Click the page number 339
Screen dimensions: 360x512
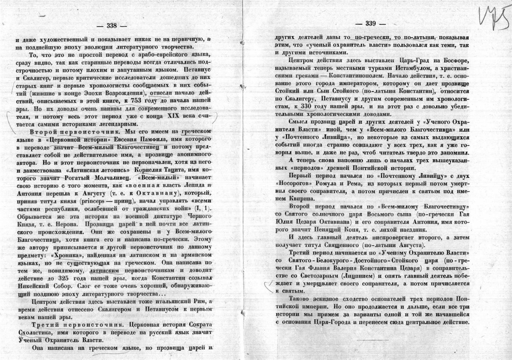tap(371, 24)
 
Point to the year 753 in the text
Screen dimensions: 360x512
tap(138, 101)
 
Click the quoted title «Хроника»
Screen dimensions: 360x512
tap(69, 255)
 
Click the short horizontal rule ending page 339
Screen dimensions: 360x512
tap(370, 340)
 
